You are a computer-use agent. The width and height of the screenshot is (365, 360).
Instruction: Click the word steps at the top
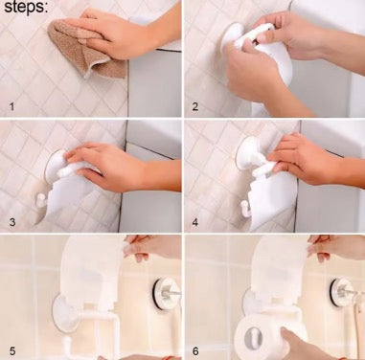[26, 7]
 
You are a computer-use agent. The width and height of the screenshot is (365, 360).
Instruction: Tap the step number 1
[11, 106]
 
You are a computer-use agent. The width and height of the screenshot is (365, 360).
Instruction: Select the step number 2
[194, 106]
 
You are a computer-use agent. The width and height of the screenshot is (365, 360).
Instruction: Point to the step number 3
[12, 222]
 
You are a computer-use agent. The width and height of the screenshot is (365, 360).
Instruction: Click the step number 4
[194, 222]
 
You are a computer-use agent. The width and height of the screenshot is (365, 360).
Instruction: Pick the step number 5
[12, 351]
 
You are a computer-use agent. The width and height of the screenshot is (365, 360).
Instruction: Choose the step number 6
[195, 351]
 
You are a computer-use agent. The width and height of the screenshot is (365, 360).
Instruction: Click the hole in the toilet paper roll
[254, 338]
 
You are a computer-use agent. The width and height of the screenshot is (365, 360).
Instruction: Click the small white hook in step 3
[40, 201]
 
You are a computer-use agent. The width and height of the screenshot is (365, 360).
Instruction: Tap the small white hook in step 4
[244, 209]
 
